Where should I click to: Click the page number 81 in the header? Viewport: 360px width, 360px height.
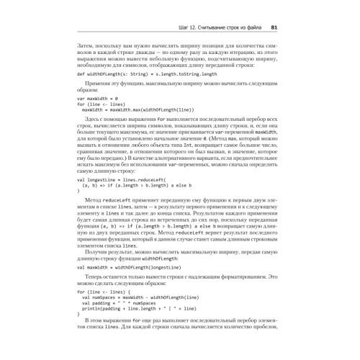tap(274, 28)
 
